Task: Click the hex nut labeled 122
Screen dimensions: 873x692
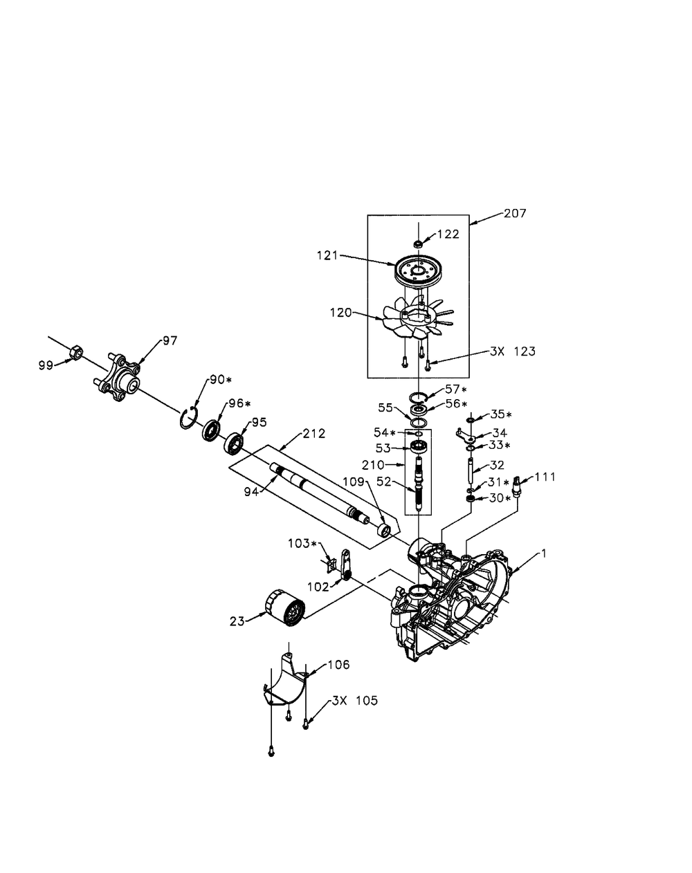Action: coord(418,243)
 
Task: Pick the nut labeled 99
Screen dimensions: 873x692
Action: coord(77,353)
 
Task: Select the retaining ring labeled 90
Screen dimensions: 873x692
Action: coord(188,419)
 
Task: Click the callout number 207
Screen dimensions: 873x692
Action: coord(514,214)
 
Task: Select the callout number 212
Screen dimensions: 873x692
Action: coord(313,434)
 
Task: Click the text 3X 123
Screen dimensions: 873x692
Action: coord(511,351)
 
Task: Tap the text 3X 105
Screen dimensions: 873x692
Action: coord(354,701)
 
